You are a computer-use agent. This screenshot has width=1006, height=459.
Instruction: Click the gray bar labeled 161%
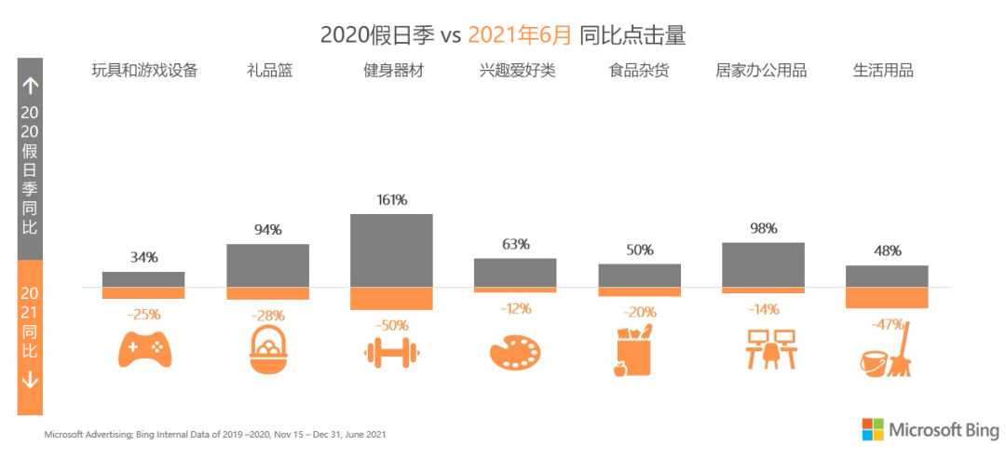[x=391, y=250]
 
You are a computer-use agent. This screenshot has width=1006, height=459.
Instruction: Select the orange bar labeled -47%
[x=887, y=297]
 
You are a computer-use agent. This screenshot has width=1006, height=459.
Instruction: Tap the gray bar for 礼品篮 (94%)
[x=267, y=265]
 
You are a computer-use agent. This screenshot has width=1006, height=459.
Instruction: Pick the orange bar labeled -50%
[x=391, y=298]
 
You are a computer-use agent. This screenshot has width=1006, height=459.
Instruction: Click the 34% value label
[x=143, y=256]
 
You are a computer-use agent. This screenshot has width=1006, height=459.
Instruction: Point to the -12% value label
[x=515, y=308]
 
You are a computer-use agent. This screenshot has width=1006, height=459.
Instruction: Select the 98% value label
[x=763, y=228]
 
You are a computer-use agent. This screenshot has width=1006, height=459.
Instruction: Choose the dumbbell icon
[x=391, y=353]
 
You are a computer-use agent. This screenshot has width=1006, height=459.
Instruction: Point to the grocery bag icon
[x=633, y=351]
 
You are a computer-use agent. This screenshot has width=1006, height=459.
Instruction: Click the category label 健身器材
[x=393, y=71]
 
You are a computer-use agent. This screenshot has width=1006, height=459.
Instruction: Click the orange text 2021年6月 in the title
[x=519, y=35]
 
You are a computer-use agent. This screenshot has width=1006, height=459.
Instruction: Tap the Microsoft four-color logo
[x=872, y=429]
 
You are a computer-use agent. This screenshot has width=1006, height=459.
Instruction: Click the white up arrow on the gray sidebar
[x=30, y=87]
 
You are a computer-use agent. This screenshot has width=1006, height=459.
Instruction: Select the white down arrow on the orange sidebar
[x=30, y=380]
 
